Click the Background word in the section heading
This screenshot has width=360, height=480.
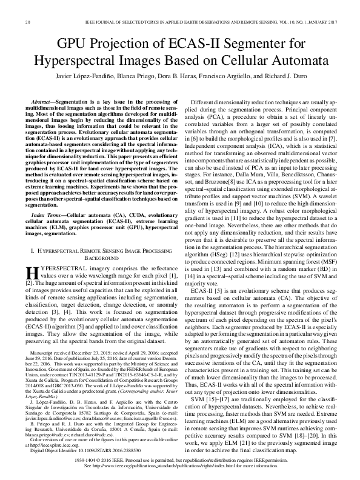pyautogui.click(x=102, y=258)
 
